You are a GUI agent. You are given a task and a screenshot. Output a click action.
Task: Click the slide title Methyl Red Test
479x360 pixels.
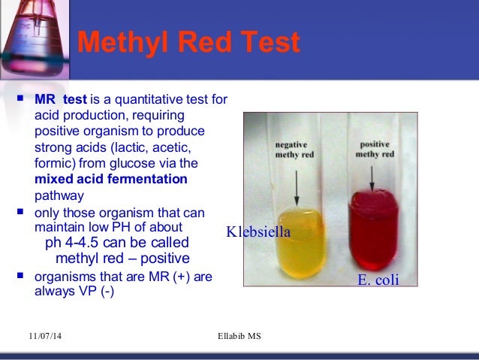tap(188, 42)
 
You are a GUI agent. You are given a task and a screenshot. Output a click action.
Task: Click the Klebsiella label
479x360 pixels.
tap(258, 233)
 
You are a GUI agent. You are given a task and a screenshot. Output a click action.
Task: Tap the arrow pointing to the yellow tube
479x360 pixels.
tap(297, 181)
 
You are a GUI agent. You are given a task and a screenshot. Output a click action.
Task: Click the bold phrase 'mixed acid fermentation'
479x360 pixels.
tap(111, 180)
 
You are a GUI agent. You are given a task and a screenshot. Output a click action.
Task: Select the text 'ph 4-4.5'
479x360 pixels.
tap(73, 243)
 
